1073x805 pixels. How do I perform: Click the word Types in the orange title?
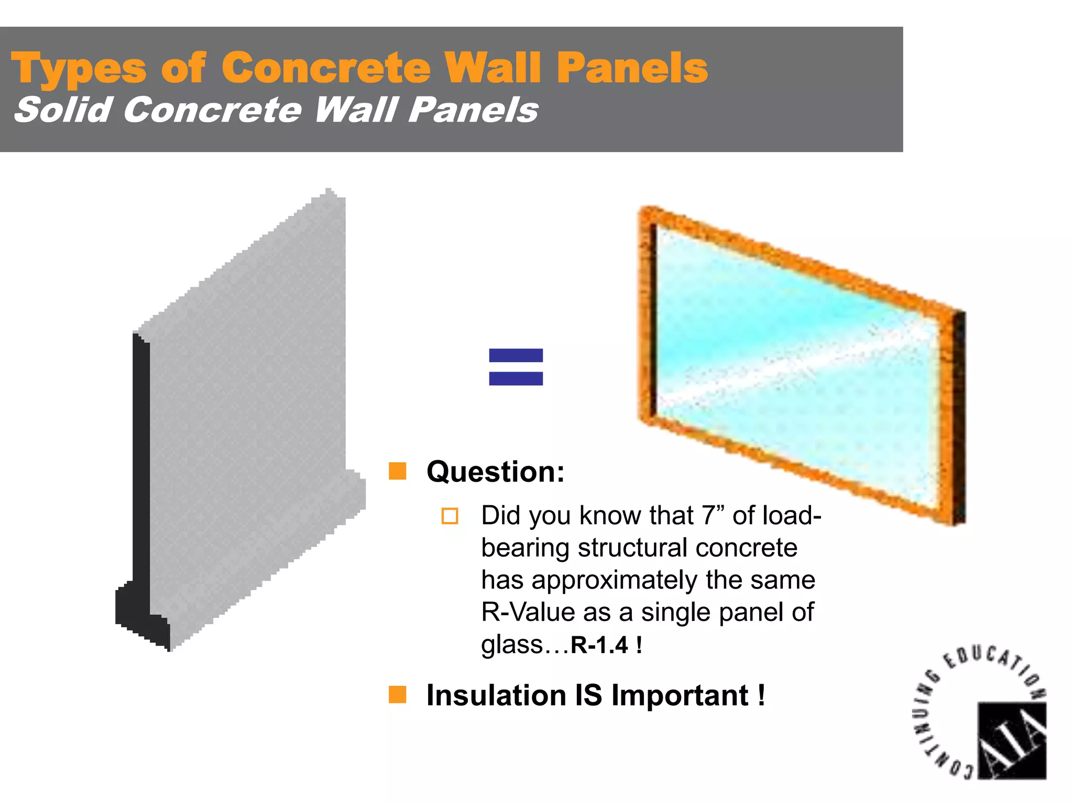click(x=79, y=69)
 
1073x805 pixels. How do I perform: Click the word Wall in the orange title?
click(x=492, y=68)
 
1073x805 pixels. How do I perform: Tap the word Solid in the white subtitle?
click(x=63, y=110)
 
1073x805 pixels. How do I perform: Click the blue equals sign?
click(x=516, y=367)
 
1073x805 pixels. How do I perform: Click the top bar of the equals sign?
click(x=516, y=355)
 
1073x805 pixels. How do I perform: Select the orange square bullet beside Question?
click(x=397, y=471)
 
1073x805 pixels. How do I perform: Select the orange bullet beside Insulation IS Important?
click(x=397, y=694)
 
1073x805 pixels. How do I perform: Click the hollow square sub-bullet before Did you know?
click(x=450, y=516)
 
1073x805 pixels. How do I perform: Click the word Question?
click(x=495, y=471)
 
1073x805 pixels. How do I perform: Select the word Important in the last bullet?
click(x=680, y=695)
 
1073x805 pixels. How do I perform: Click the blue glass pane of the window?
click(x=796, y=362)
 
